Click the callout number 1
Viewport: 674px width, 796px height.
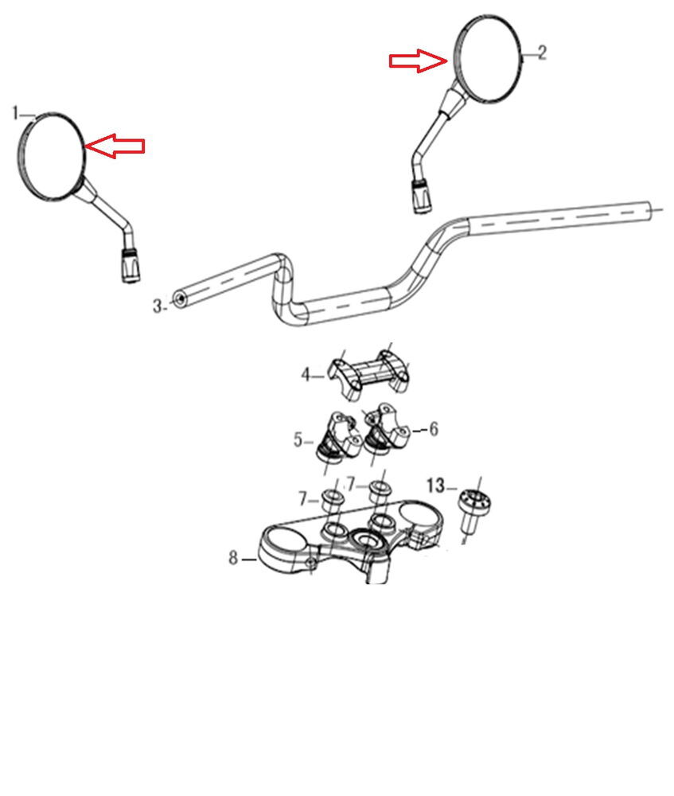pos(16,113)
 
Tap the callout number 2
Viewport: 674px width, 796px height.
pos(542,53)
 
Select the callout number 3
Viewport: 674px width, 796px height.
pos(158,306)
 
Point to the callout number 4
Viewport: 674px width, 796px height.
pos(305,375)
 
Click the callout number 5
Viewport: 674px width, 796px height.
pos(298,439)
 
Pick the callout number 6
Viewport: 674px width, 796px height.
pos(434,429)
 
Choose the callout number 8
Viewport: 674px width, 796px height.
pos(233,557)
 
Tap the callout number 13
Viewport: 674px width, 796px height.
pos(435,486)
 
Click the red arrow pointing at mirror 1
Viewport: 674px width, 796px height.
pos(115,146)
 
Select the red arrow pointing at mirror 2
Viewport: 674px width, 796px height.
pos(419,61)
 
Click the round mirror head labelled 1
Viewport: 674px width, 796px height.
pos(50,156)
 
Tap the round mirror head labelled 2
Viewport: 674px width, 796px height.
pos(488,59)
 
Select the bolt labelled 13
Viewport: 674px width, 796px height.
pos(473,509)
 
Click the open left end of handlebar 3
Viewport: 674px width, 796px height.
pos(179,299)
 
